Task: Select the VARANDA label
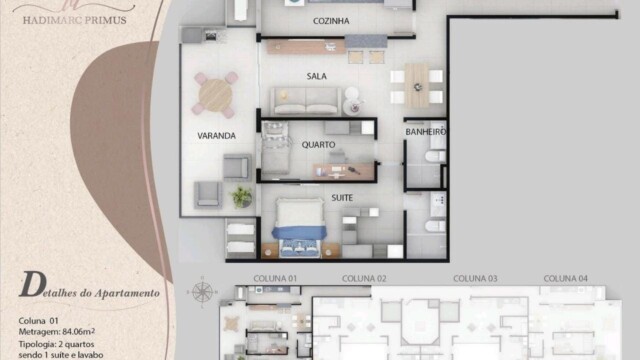tap(216, 136)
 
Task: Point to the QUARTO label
tap(318, 144)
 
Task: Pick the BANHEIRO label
tap(425, 132)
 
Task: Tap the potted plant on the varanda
tap(242, 196)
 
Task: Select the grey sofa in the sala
tap(305, 101)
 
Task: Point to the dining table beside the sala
tap(416, 84)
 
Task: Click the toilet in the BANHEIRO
tap(435, 157)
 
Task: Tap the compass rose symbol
tap(203, 293)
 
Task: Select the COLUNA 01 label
tap(276, 277)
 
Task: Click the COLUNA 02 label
tap(364, 277)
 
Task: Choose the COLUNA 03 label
tap(476, 277)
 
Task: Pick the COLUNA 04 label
tap(566, 277)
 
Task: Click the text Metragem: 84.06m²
tap(56, 330)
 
